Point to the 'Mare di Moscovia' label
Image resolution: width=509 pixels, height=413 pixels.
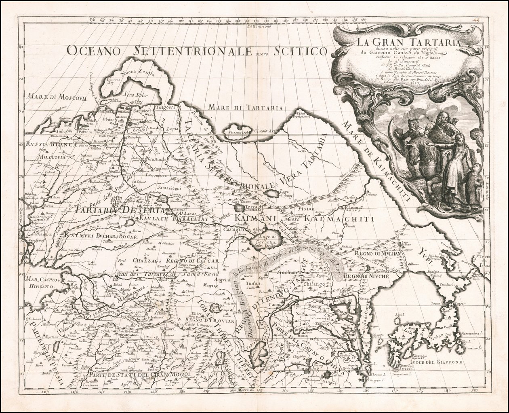[57, 97]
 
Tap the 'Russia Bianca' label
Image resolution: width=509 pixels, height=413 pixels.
[43, 144]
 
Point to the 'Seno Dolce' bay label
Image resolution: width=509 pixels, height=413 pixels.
[137, 95]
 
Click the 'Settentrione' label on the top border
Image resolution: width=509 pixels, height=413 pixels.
[261, 26]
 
